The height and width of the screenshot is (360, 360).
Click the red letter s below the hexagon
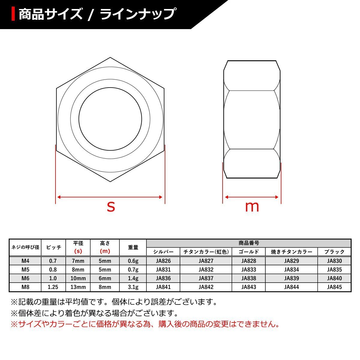(111, 207)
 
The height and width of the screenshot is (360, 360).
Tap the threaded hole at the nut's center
(110, 119)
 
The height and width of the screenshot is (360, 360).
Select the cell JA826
(163, 261)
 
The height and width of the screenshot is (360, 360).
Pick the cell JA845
(334, 287)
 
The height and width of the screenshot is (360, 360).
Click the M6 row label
(25, 278)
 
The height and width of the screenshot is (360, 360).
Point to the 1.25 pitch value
(53, 287)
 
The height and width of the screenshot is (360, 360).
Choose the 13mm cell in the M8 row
(78, 287)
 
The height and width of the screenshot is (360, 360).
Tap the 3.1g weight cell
(133, 287)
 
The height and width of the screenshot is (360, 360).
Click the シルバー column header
(163, 252)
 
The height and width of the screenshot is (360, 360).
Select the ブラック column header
(334, 252)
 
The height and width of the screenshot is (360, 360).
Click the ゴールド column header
(248, 252)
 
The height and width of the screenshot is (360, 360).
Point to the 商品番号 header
(249, 243)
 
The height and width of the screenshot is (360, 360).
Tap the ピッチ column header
(53, 247)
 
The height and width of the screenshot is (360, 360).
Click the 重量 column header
(133, 247)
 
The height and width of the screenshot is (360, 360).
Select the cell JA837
(206, 278)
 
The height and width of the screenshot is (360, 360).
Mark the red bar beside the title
(13, 14)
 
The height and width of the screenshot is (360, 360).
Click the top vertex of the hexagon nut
(110, 57)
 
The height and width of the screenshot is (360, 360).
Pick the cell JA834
(291, 269)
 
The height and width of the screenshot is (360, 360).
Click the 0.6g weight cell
(133, 261)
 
